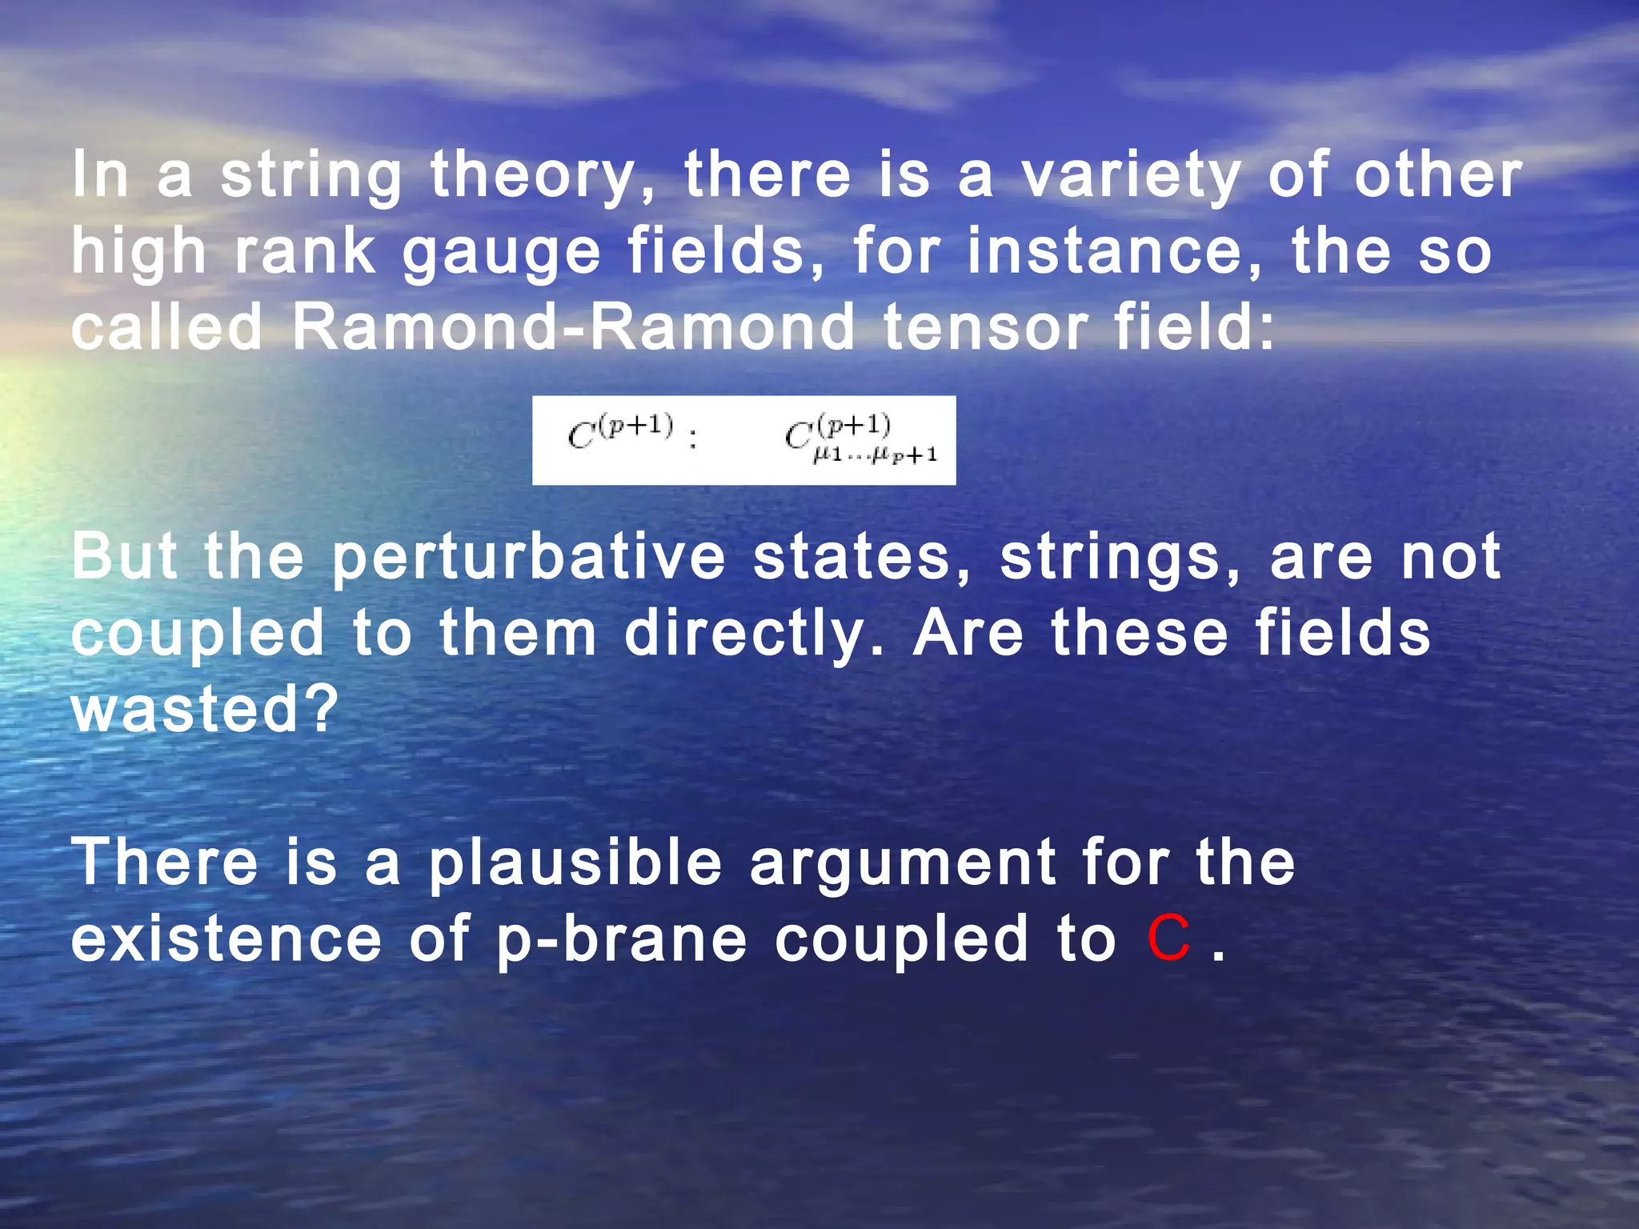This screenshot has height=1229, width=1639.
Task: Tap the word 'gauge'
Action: point(501,253)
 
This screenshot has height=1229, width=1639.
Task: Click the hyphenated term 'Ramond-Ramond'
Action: point(573,327)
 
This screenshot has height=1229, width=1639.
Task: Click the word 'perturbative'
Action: point(528,558)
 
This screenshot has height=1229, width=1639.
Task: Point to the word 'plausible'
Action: point(575,864)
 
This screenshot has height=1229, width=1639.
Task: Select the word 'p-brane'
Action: point(622,941)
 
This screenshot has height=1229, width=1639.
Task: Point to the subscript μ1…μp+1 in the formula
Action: point(874,456)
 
